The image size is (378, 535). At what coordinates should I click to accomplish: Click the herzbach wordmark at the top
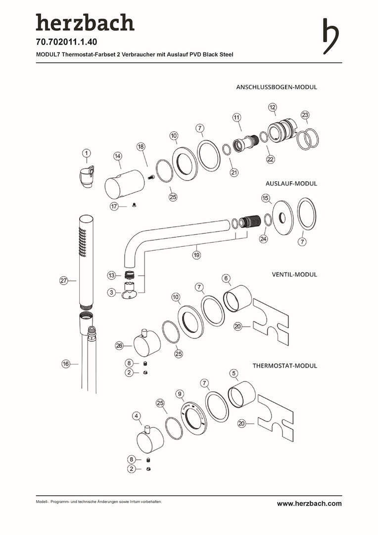tap(85, 23)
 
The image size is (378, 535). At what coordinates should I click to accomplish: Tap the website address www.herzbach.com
tap(309, 504)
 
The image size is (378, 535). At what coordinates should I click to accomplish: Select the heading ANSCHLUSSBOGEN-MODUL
tap(277, 87)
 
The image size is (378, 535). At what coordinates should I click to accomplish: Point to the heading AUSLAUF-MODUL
tap(291, 183)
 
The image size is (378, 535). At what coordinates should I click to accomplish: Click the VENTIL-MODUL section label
tap(294, 274)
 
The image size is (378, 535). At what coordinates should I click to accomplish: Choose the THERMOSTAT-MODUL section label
tap(285, 366)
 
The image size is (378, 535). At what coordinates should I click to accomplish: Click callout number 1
tap(87, 153)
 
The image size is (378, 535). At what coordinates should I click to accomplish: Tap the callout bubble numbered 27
tap(64, 280)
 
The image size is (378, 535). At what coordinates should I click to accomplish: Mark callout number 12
tap(273, 107)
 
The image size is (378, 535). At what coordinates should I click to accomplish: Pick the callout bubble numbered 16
tap(66, 364)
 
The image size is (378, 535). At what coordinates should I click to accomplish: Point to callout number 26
tap(119, 346)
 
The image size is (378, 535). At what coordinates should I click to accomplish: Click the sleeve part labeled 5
tap(241, 395)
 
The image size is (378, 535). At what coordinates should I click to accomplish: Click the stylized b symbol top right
tap(330, 36)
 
